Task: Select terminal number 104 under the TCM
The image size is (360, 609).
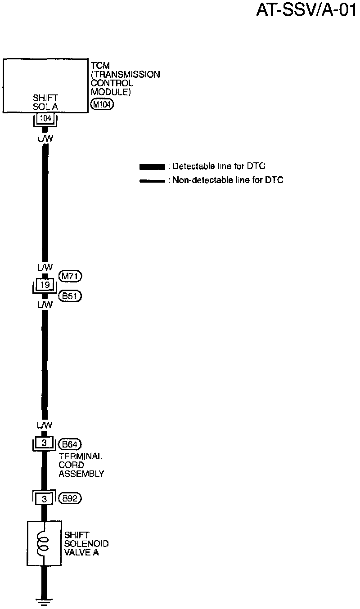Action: pyautogui.click(x=45, y=119)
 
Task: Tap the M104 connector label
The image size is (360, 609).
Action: pyautogui.click(x=102, y=105)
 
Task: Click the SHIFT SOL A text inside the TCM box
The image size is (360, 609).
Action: pyautogui.click(x=45, y=102)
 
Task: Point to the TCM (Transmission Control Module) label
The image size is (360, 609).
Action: pyautogui.click(x=125, y=79)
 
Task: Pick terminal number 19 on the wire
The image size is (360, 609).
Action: pyautogui.click(x=45, y=285)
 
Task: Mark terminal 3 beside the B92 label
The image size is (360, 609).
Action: pyautogui.click(x=44, y=498)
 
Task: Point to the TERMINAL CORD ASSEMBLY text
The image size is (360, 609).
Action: pyautogui.click(x=81, y=465)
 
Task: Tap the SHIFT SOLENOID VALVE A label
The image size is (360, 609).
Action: pyautogui.click(x=86, y=544)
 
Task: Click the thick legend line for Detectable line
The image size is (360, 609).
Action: pyautogui.click(x=152, y=167)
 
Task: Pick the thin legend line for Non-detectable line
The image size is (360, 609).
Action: pyautogui.click(x=152, y=181)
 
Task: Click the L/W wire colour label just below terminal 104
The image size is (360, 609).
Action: pyautogui.click(x=45, y=139)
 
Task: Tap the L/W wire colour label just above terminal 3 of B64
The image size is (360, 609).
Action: pyautogui.click(x=45, y=425)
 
